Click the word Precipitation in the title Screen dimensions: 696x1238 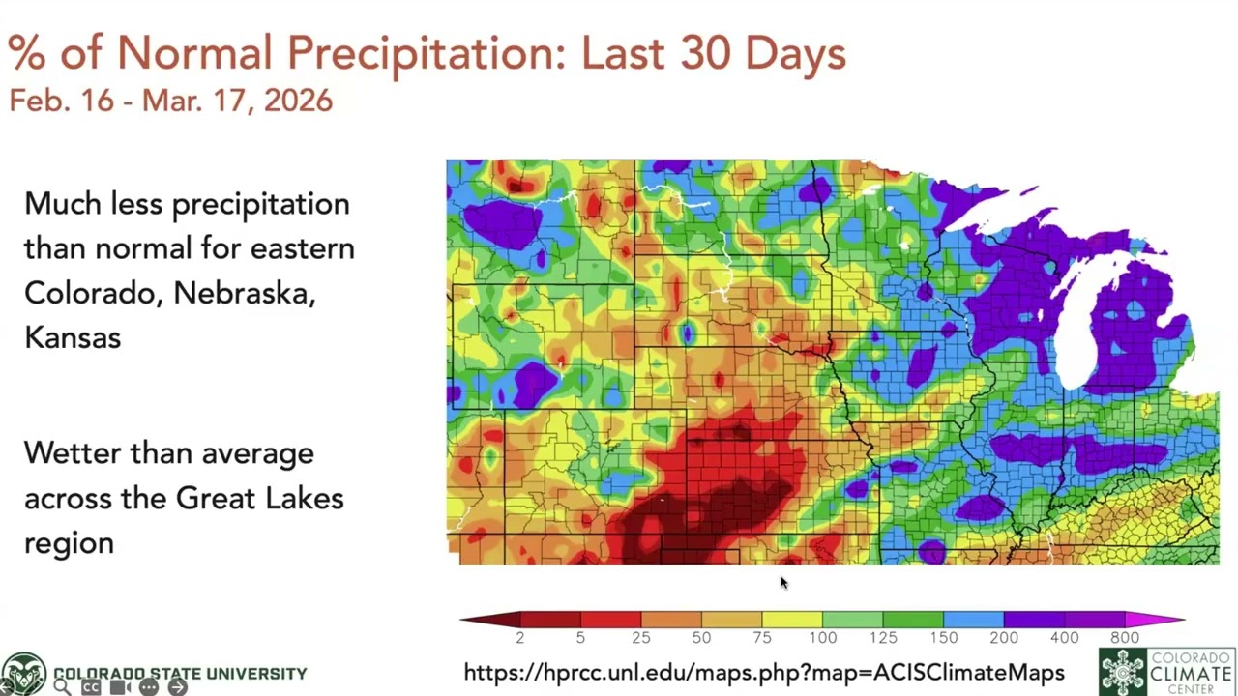point(426,54)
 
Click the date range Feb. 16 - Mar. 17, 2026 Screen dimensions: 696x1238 point(170,101)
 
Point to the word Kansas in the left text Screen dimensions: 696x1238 point(73,337)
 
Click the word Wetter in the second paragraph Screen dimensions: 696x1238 point(74,452)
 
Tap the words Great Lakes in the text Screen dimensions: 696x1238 point(259,498)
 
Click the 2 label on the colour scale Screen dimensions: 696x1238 point(519,638)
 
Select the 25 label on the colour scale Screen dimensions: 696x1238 point(640,638)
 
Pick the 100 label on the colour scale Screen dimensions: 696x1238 point(822,638)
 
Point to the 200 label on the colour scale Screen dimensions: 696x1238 point(1004,638)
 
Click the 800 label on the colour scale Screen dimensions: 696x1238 point(1125,638)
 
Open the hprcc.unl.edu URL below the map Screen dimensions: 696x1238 point(764,673)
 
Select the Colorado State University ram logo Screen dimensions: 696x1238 point(23,673)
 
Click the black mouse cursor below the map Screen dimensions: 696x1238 point(783,583)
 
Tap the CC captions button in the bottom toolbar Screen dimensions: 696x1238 point(91,687)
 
